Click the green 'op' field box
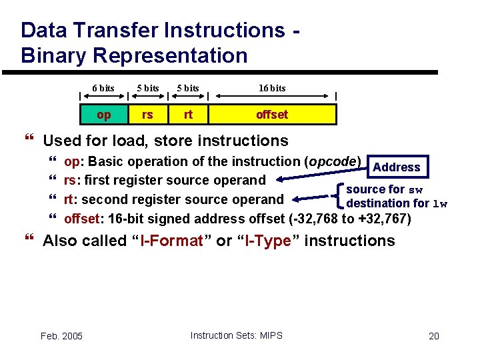point(104,115)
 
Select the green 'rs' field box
point(147,115)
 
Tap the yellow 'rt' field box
point(188,115)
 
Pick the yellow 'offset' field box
point(272,115)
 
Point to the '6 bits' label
point(103,88)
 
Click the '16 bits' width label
point(272,88)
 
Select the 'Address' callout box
point(397,167)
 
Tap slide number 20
point(434,336)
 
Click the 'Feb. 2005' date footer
point(61,336)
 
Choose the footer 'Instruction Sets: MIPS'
point(236,335)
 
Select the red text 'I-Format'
point(171,241)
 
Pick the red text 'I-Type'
point(267,241)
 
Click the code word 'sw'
point(415,190)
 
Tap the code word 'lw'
point(440,204)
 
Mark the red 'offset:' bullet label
point(83,219)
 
